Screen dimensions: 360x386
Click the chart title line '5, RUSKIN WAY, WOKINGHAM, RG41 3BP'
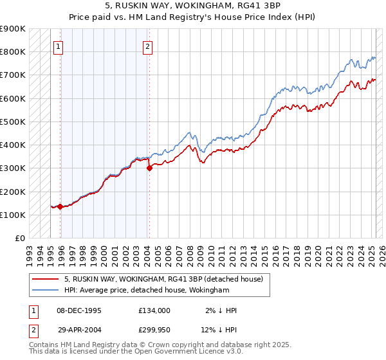[x=193, y=6]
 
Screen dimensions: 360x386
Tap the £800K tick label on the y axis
[x=13, y=52]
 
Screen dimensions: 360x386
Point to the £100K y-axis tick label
[x=13, y=215]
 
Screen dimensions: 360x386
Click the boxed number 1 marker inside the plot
[x=58, y=46]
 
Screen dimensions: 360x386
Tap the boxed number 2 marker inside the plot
[x=148, y=46]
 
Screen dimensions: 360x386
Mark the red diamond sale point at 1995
[x=60, y=206]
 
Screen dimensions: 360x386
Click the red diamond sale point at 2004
[x=149, y=168]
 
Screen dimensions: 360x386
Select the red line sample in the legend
[x=45, y=280]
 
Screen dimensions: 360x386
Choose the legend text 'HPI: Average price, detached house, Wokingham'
[x=147, y=291]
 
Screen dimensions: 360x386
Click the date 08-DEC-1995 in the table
[x=79, y=310]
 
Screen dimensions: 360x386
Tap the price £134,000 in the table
[x=154, y=310]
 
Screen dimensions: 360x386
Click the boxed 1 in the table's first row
[x=33, y=310]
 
